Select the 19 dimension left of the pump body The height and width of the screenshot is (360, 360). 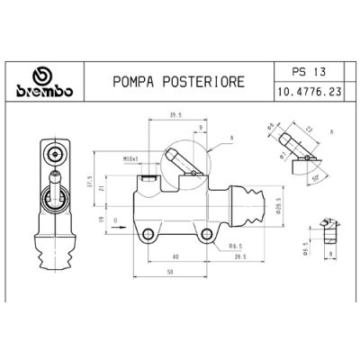tap(102, 216)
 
